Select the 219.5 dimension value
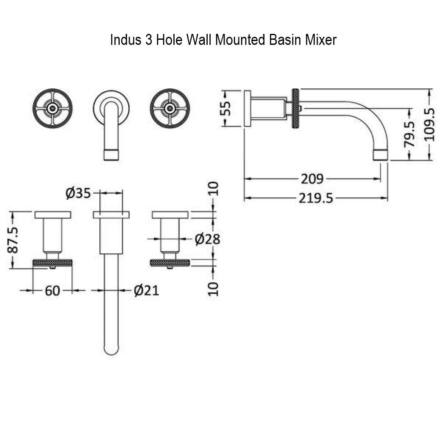point(316,198)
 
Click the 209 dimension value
point(312,179)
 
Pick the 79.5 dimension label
point(409,134)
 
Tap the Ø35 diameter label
point(78,193)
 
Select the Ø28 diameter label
point(207,239)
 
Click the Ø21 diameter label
point(146,291)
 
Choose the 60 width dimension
point(52,291)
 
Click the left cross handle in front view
point(53,108)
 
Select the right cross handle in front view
point(170,108)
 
